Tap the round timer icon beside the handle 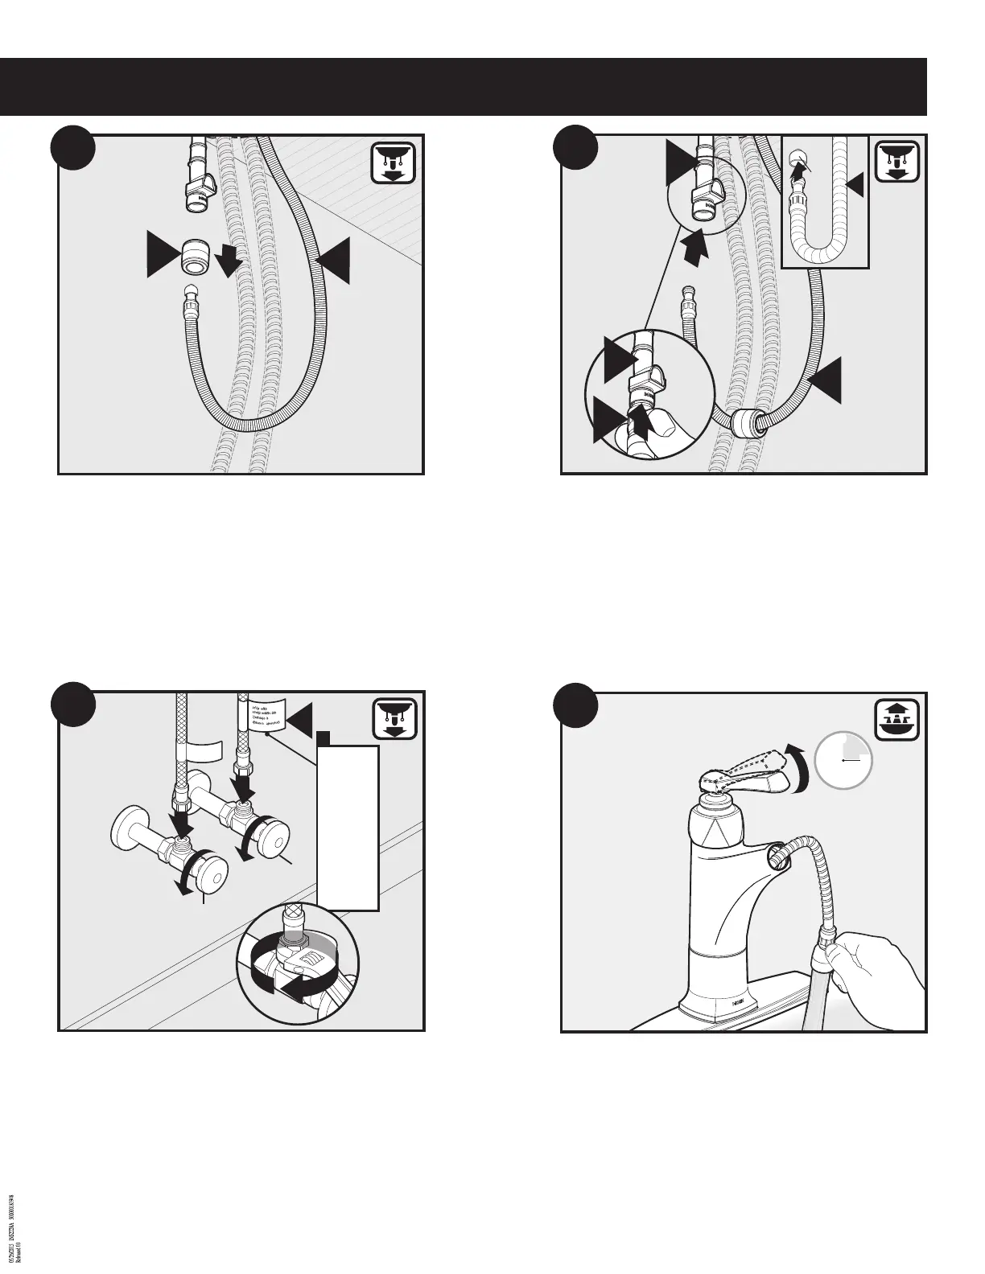(x=843, y=759)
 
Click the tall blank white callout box (x=348, y=828)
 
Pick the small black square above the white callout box (x=324, y=738)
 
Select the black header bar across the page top (x=464, y=87)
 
